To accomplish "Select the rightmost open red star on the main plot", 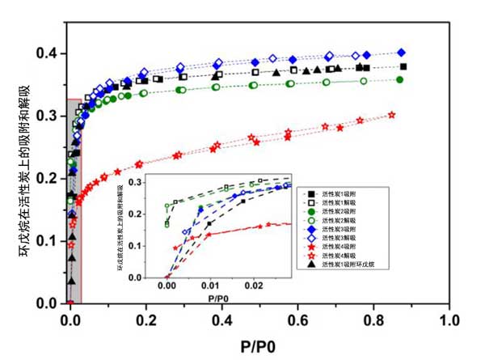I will [x=392, y=115].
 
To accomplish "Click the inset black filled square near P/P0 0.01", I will [x=209, y=223].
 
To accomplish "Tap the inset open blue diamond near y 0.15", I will [x=187, y=232].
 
